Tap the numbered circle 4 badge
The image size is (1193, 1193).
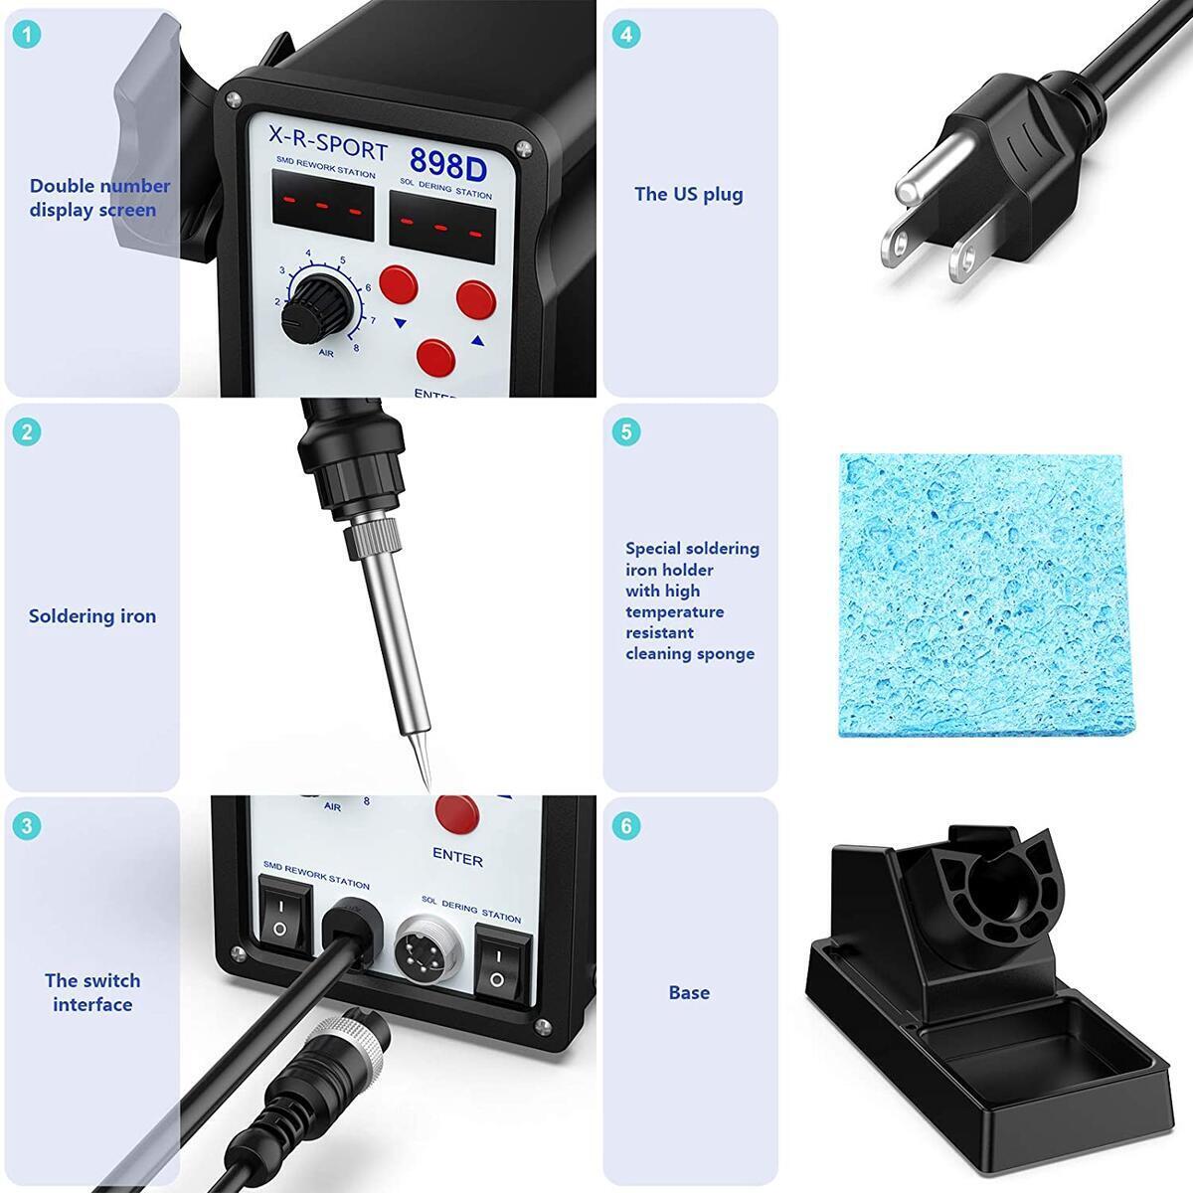pyautogui.click(x=625, y=35)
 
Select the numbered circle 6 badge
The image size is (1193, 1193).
pyautogui.click(x=625, y=825)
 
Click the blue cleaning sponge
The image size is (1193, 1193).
pyautogui.click(x=979, y=595)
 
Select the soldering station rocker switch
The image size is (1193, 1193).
pyautogui.click(x=495, y=959)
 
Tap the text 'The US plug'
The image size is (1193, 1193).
pyautogui.click(x=688, y=195)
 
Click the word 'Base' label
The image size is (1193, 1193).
pyautogui.click(x=689, y=992)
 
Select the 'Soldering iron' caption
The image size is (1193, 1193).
pyautogui.click(x=92, y=616)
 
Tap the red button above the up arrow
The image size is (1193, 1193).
pyautogui.click(x=475, y=299)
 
